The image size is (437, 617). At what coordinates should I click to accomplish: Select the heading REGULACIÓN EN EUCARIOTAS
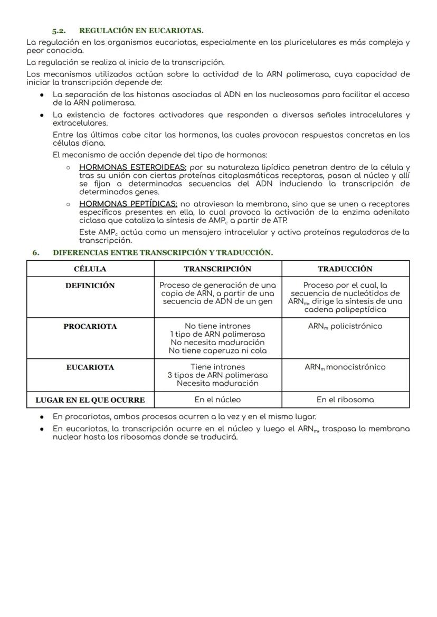[x=141, y=31]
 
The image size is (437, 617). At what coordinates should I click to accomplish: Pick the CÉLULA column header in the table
[x=90, y=269]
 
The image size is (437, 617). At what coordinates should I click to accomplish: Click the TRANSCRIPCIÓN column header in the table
[x=217, y=269]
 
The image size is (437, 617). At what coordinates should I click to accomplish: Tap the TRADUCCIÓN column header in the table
[x=345, y=269]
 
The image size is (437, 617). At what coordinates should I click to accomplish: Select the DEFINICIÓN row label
[x=90, y=286]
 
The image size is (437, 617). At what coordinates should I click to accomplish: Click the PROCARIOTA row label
[x=90, y=327]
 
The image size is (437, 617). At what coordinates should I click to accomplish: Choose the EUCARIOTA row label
[x=90, y=367]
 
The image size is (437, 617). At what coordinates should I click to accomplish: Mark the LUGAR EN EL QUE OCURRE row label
[x=90, y=400]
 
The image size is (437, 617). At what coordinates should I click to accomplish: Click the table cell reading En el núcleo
[x=217, y=400]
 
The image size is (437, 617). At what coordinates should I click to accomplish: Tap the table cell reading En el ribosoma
[x=345, y=400]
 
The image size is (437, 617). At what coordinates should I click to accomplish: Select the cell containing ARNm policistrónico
[x=345, y=326]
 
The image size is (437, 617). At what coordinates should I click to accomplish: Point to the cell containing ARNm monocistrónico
[x=345, y=367]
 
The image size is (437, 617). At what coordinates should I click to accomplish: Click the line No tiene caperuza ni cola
[x=217, y=350]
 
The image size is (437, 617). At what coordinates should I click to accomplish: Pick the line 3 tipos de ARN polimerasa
[x=217, y=375]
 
